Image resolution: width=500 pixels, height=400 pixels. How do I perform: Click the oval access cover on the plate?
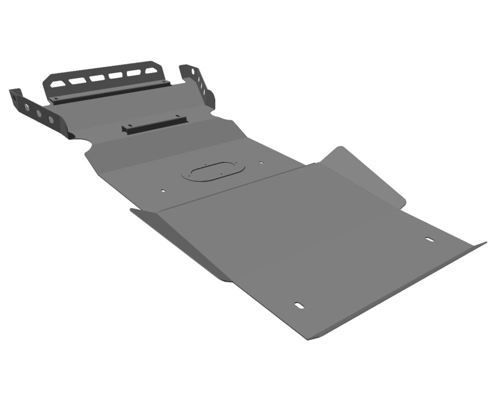tap(213, 170)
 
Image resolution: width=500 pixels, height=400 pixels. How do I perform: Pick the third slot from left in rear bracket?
tap(97, 78)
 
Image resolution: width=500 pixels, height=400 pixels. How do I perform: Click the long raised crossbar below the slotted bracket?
tap(110, 92)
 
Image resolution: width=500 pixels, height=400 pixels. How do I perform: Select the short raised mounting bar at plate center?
tap(154, 124)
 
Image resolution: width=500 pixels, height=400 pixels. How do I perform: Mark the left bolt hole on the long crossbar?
tap(56, 98)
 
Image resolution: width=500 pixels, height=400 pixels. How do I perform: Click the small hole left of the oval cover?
tap(162, 190)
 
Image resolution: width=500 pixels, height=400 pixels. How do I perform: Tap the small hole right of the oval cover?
tap(260, 162)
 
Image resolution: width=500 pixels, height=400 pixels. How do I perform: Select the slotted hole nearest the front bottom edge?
tap(298, 305)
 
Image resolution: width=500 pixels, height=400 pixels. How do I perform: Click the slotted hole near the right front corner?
tap(429, 239)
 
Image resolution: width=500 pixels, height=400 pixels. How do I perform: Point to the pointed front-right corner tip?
tap(484, 243)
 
